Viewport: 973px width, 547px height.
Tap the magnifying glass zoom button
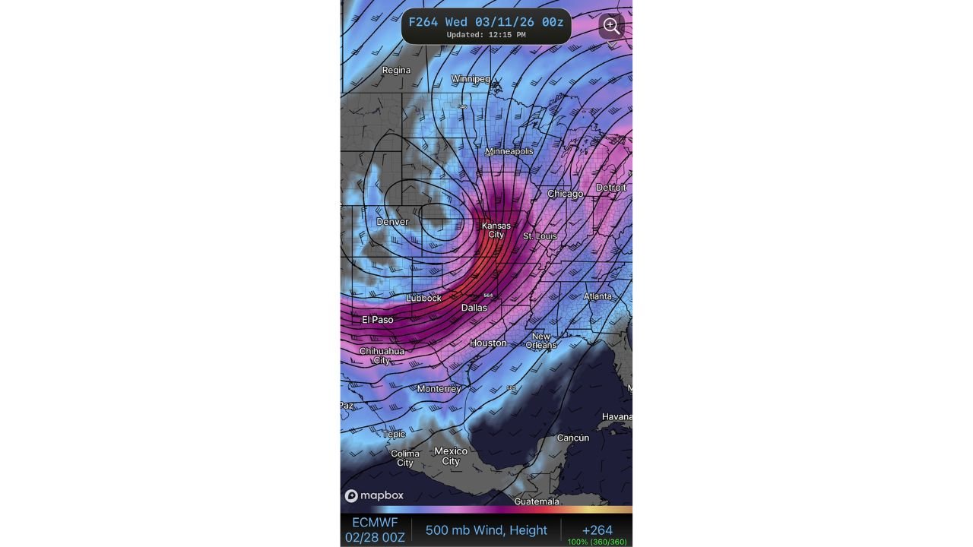tap(611, 27)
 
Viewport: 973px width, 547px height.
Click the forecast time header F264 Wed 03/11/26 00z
tap(486, 22)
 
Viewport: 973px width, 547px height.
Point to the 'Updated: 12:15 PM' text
tap(486, 35)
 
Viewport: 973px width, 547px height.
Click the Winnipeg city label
tap(471, 79)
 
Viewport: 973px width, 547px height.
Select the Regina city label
tap(396, 71)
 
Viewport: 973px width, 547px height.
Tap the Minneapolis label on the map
tap(509, 151)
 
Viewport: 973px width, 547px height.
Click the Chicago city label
tap(565, 194)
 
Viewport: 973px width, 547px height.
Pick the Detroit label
tap(611, 188)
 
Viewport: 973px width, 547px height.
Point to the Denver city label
tap(392, 222)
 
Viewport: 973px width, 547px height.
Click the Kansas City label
tap(496, 230)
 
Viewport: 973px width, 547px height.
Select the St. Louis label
tap(540, 236)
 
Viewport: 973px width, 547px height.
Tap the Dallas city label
tap(474, 308)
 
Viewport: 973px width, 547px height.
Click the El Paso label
tap(378, 320)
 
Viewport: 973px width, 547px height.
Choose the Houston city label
tap(488, 343)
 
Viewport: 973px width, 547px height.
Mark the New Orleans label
tap(540, 340)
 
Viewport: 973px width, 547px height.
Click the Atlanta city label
tap(598, 296)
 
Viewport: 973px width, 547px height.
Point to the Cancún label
tap(572, 438)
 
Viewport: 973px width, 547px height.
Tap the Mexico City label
tap(451, 456)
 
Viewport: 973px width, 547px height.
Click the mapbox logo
tap(374, 496)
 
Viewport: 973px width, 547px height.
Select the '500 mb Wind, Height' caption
tap(486, 530)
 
